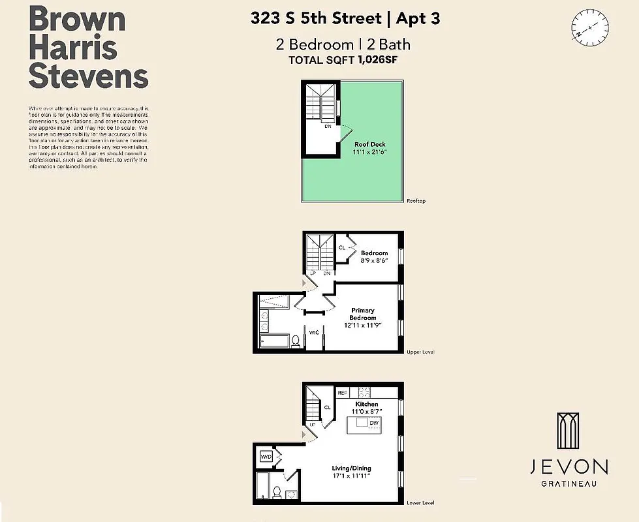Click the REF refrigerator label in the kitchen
point(342,393)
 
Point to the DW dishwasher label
point(373,423)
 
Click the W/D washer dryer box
point(266,457)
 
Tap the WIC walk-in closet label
point(314,333)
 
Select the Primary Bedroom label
point(363,314)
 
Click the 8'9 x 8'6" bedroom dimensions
point(374,260)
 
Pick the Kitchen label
point(366,405)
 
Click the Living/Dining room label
point(352,468)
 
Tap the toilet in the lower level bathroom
point(276,492)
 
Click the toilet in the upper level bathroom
point(295,341)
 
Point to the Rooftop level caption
point(416,201)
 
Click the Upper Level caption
point(420,352)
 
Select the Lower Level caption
point(420,503)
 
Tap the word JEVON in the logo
point(569,467)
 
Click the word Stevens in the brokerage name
point(88,77)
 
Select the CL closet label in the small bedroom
point(342,248)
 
